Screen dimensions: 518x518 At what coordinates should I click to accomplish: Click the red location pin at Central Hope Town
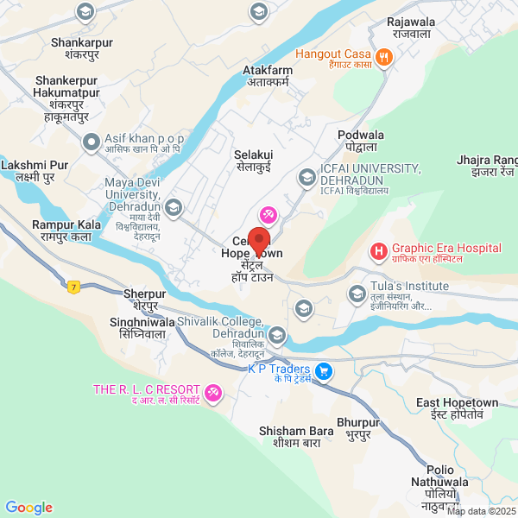click(259, 238)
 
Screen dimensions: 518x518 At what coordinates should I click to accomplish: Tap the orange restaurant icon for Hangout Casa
click(385, 58)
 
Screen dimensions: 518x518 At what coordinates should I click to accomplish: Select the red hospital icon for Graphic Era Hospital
click(377, 252)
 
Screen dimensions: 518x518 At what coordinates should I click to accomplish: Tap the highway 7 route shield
click(75, 286)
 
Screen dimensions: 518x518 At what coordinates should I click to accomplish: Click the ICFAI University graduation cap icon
click(306, 178)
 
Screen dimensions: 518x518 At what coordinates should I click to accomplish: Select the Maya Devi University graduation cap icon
click(174, 207)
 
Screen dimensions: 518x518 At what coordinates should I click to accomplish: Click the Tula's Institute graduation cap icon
click(357, 295)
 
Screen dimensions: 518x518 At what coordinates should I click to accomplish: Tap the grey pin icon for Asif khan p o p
click(91, 142)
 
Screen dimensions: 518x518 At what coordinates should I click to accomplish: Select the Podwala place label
click(360, 141)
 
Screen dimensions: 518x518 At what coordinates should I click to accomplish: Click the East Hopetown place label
click(457, 408)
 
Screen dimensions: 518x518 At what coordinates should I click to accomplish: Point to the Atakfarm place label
click(268, 77)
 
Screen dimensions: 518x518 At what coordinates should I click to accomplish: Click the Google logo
click(28, 508)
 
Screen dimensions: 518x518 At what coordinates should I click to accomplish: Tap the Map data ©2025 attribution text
click(480, 511)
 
